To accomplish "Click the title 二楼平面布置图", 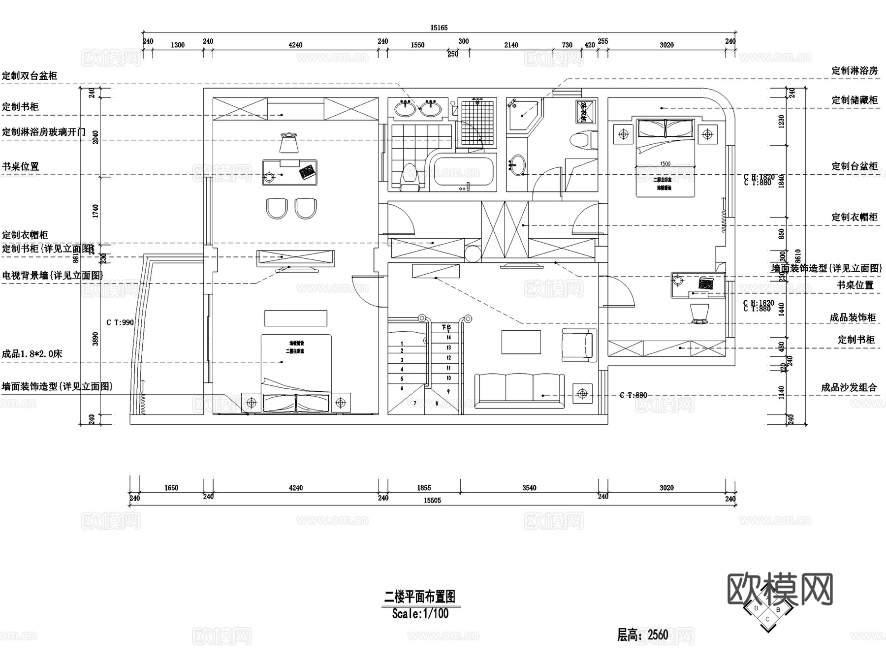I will (x=419, y=597).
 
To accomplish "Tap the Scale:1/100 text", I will (x=420, y=614).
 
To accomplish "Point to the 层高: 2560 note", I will (x=642, y=634).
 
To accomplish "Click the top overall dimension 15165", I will (x=439, y=28).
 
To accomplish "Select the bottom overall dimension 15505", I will (x=432, y=500).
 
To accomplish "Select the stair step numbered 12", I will (x=448, y=358).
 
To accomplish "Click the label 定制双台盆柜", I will (x=30, y=76).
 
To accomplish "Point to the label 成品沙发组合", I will (x=849, y=387).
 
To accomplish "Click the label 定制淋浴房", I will (x=854, y=70).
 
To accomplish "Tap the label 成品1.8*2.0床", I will (x=32, y=354).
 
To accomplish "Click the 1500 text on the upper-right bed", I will (x=665, y=164).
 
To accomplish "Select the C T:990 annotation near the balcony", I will (x=120, y=323).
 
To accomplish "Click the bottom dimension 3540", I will (x=529, y=488).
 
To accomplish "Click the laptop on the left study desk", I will (x=307, y=172).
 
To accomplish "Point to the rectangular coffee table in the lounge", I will (x=521, y=342).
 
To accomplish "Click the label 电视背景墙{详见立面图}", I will (x=53, y=276).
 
